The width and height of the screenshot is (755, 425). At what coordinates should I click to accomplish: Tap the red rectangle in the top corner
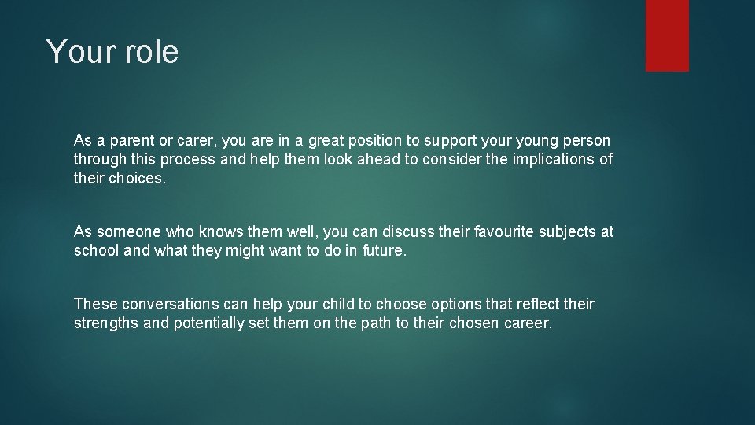[667, 35]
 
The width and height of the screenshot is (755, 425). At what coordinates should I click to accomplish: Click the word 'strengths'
[105, 323]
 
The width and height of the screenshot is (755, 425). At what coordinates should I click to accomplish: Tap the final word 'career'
[529, 323]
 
